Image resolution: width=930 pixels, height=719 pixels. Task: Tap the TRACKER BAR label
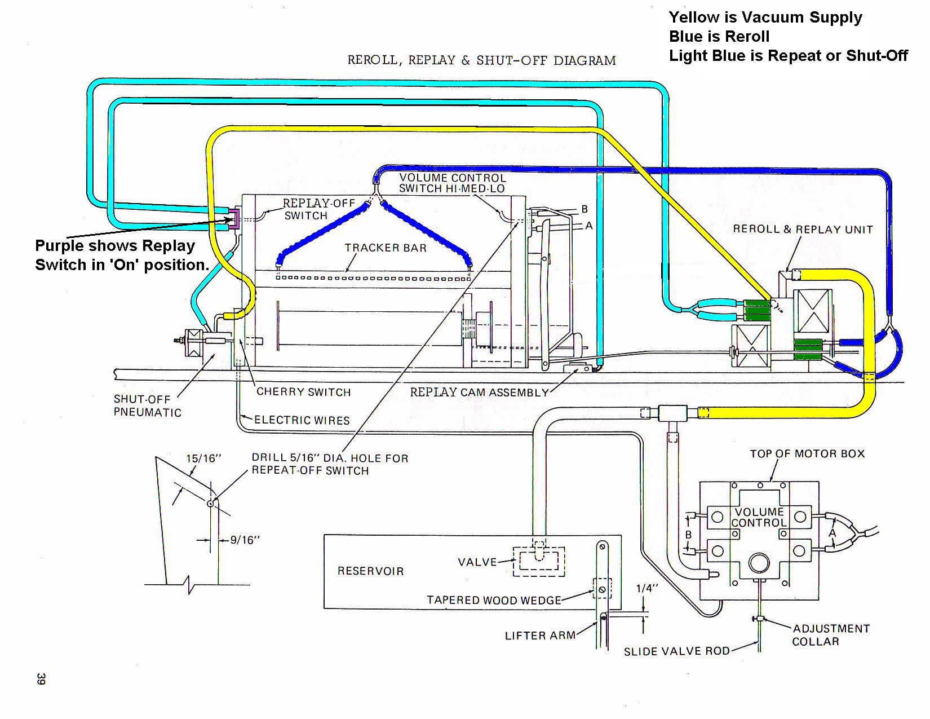point(386,248)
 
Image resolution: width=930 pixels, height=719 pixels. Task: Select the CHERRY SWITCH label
point(303,392)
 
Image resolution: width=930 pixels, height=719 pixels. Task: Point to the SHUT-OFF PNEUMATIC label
point(147,405)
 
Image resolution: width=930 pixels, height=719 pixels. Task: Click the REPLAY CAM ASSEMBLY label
point(479,392)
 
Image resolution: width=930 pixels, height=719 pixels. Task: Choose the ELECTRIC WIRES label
point(302,420)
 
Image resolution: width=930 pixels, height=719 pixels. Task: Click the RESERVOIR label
point(371,571)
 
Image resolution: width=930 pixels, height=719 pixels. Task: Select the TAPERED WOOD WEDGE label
point(494,600)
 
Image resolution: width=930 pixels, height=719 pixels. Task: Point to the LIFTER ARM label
point(540,636)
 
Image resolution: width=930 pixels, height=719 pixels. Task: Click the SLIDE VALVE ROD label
point(676,651)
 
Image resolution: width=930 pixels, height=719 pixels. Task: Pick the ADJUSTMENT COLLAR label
point(831,635)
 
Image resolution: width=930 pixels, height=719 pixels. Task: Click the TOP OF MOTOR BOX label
point(807,454)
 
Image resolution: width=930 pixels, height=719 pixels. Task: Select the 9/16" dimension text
point(245,540)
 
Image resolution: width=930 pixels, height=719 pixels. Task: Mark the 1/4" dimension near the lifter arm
point(647,588)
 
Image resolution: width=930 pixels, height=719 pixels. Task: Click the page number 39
point(41,679)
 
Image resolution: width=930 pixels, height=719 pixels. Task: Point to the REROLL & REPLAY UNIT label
point(803,229)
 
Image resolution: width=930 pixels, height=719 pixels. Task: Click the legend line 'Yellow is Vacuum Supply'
point(765,17)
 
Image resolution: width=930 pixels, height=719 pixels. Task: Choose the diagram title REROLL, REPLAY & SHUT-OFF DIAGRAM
point(481,60)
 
